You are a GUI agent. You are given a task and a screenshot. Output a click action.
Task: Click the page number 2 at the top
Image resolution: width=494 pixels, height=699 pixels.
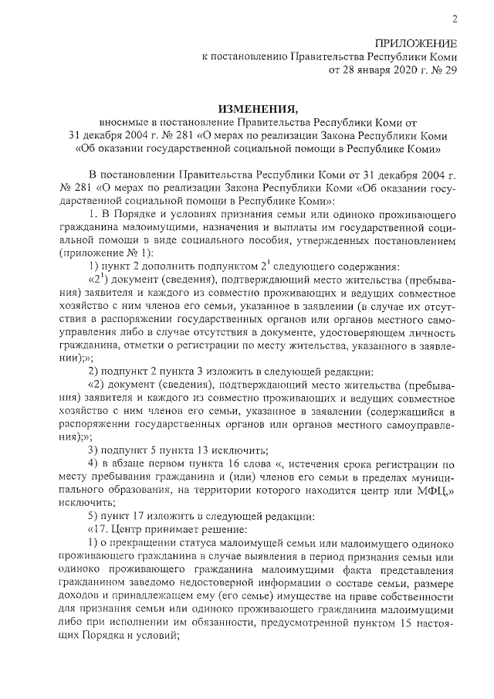[454, 19]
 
